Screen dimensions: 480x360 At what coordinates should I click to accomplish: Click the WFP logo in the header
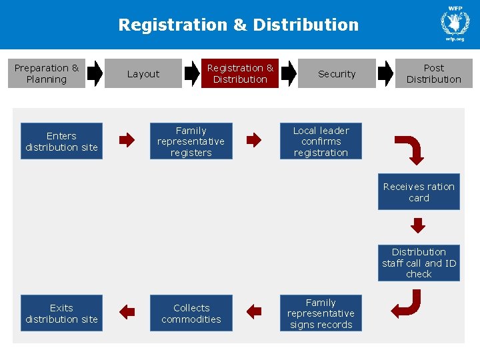tap(455, 23)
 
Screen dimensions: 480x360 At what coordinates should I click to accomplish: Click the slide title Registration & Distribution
tap(239, 25)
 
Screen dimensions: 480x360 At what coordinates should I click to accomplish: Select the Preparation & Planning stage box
tap(47, 73)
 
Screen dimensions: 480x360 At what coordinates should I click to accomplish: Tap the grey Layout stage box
tap(143, 73)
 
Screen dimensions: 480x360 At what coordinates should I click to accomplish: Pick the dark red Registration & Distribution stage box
tap(240, 73)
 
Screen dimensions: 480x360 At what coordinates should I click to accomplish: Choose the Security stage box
tap(337, 73)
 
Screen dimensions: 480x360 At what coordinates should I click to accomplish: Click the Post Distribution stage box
tap(434, 73)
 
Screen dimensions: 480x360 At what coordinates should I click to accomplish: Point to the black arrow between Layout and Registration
tap(192, 73)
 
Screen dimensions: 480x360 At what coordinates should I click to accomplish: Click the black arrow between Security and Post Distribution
tap(385, 73)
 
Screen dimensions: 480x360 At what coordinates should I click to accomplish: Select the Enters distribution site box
tap(61, 141)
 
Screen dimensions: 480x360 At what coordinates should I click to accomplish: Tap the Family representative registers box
tap(191, 141)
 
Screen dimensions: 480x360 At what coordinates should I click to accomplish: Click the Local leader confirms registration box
tap(321, 141)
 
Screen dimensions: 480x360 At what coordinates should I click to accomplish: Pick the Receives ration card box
tap(419, 191)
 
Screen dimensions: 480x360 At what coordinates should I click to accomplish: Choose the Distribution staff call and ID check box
tap(419, 263)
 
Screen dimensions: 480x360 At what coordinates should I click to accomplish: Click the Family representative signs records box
tap(321, 313)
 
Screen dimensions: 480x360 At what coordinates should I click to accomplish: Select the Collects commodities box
tap(191, 313)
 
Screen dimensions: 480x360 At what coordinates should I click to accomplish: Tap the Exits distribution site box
tap(61, 313)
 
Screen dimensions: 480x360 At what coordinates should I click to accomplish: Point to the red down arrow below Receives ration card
tap(418, 225)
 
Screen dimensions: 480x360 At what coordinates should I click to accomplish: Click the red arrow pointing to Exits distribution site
tap(127, 312)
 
